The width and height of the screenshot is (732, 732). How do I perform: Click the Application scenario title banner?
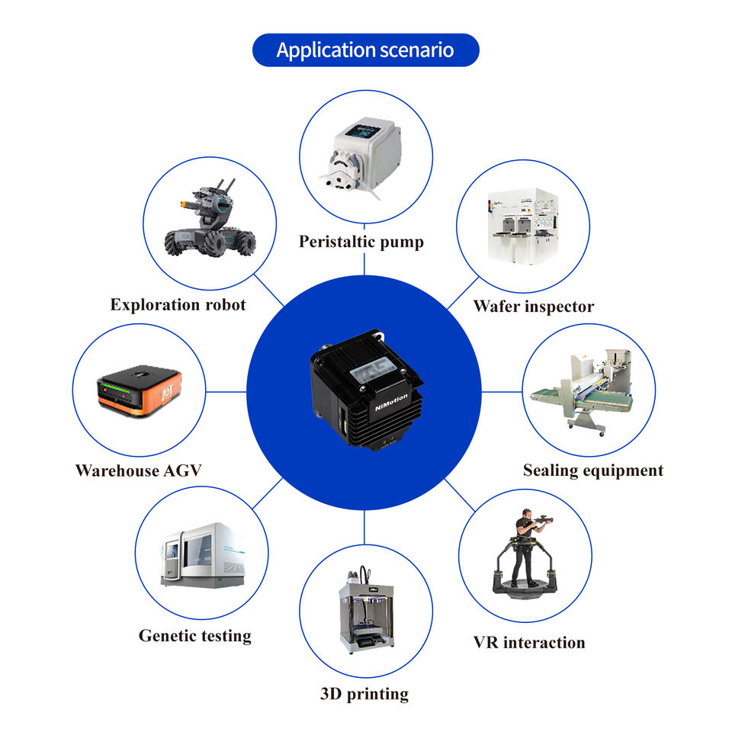365,50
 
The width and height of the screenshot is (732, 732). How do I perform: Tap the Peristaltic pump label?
361,242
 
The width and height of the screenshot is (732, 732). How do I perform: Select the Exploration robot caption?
178,305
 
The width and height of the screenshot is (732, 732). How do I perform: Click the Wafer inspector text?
533,307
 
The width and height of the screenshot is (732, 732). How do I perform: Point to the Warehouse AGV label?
138,470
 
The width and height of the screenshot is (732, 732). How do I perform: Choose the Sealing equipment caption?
592,470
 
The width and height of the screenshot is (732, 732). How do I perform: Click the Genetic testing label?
194,635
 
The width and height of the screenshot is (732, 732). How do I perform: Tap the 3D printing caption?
364,694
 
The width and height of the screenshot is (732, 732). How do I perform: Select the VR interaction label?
529,643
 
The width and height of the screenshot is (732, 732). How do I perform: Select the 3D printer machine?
365,610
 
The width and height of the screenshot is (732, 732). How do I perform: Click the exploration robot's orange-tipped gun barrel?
186,204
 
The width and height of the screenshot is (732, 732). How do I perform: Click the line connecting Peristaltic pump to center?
364,264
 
